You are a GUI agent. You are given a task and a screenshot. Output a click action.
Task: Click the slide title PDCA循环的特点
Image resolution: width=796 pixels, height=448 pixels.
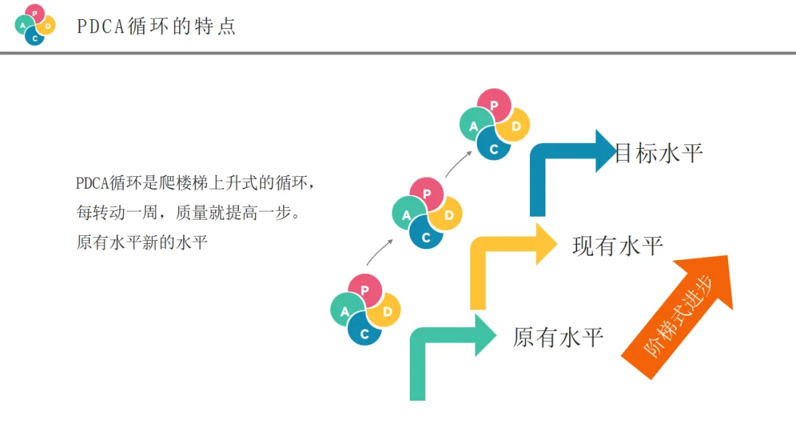[156, 27]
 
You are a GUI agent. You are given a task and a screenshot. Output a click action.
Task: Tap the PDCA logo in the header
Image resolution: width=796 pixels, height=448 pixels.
[35, 25]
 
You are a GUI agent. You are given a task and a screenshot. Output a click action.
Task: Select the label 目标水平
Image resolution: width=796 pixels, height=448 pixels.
[658, 153]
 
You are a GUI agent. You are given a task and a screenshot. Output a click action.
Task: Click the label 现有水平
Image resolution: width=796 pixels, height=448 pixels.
[618, 246]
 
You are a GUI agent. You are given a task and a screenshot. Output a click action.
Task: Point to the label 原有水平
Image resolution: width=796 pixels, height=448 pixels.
[558, 337]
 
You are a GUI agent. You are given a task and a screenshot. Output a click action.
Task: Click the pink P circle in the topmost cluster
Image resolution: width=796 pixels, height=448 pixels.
[495, 105]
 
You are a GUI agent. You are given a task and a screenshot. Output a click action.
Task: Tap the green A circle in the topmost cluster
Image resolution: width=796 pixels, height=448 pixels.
[475, 125]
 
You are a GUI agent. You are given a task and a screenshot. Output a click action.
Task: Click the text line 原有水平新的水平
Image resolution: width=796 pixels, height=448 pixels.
[142, 242]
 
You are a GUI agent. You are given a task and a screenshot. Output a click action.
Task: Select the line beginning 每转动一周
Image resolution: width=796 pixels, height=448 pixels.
[189, 213]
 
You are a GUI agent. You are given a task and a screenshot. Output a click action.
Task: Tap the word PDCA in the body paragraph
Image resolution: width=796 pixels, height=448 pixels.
[91, 183]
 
